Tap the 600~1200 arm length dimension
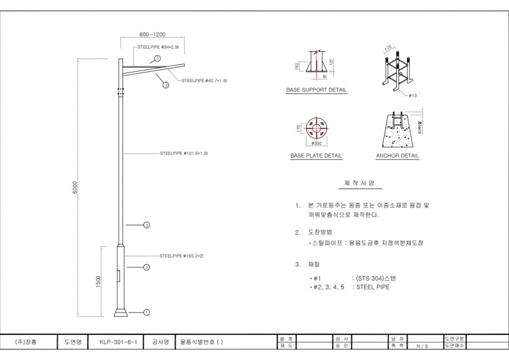click(x=152, y=35)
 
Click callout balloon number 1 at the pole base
click(x=147, y=312)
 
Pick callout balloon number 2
click(x=147, y=267)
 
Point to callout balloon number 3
click(x=147, y=225)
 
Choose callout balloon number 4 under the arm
click(x=165, y=85)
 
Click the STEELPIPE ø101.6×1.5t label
click(x=184, y=154)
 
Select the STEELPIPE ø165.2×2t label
click(x=181, y=256)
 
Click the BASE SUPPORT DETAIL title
click(x=316, y=90)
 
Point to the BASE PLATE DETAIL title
click(x=316, y=156)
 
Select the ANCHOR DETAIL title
click(x=397, y=156)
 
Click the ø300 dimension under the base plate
click(x=316, y=143)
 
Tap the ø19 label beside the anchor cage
click(x=413, y=96)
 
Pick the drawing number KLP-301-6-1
click(x=122, y=342)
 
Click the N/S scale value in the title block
click(x=422, y=346)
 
